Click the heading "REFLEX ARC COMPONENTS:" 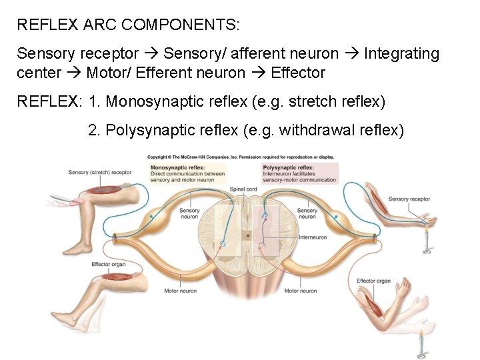click(129, 25)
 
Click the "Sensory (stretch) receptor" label click(100, 172)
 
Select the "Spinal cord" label click(243, 189)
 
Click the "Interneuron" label click(313, 237)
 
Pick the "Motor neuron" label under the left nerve click(180, 291)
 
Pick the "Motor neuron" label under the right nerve click(301, 291)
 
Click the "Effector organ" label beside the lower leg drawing click(108, 265)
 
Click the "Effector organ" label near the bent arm click(374, 281)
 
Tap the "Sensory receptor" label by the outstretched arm click(409, 199)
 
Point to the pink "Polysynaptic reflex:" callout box click(300, 173)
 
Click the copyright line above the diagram click(240, 157)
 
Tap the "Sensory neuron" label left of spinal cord click(189, 213)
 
